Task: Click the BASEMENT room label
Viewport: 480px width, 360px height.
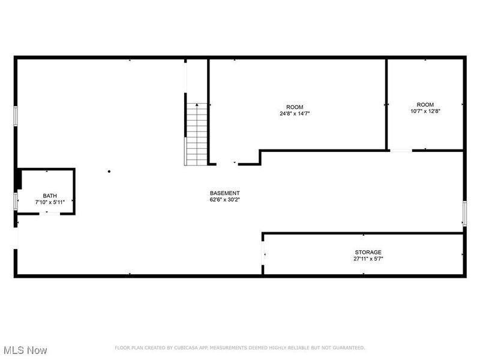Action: (225, 193)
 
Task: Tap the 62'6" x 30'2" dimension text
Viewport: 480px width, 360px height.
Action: (225, 199)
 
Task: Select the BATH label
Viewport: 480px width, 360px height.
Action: (50, 196)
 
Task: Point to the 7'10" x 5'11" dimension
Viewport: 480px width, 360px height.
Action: (50, 203)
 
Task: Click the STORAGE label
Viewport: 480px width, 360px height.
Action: (368, 252)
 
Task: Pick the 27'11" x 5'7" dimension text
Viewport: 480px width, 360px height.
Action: (368, 259)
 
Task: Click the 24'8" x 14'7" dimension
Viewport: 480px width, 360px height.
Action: (295, 113)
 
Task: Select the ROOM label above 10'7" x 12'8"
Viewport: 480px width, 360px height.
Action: (425, 104)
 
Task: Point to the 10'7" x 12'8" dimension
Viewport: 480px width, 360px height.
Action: (425, 111)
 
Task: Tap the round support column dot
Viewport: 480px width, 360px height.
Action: (109, 172)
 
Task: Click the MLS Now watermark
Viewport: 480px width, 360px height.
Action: (25, 350)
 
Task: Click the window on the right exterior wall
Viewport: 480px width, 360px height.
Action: (464, 213)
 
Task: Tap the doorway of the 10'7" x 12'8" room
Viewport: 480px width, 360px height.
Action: (401, 150)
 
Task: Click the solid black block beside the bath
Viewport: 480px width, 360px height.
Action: (19, 179)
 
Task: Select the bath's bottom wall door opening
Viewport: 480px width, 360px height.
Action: (48, 213)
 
